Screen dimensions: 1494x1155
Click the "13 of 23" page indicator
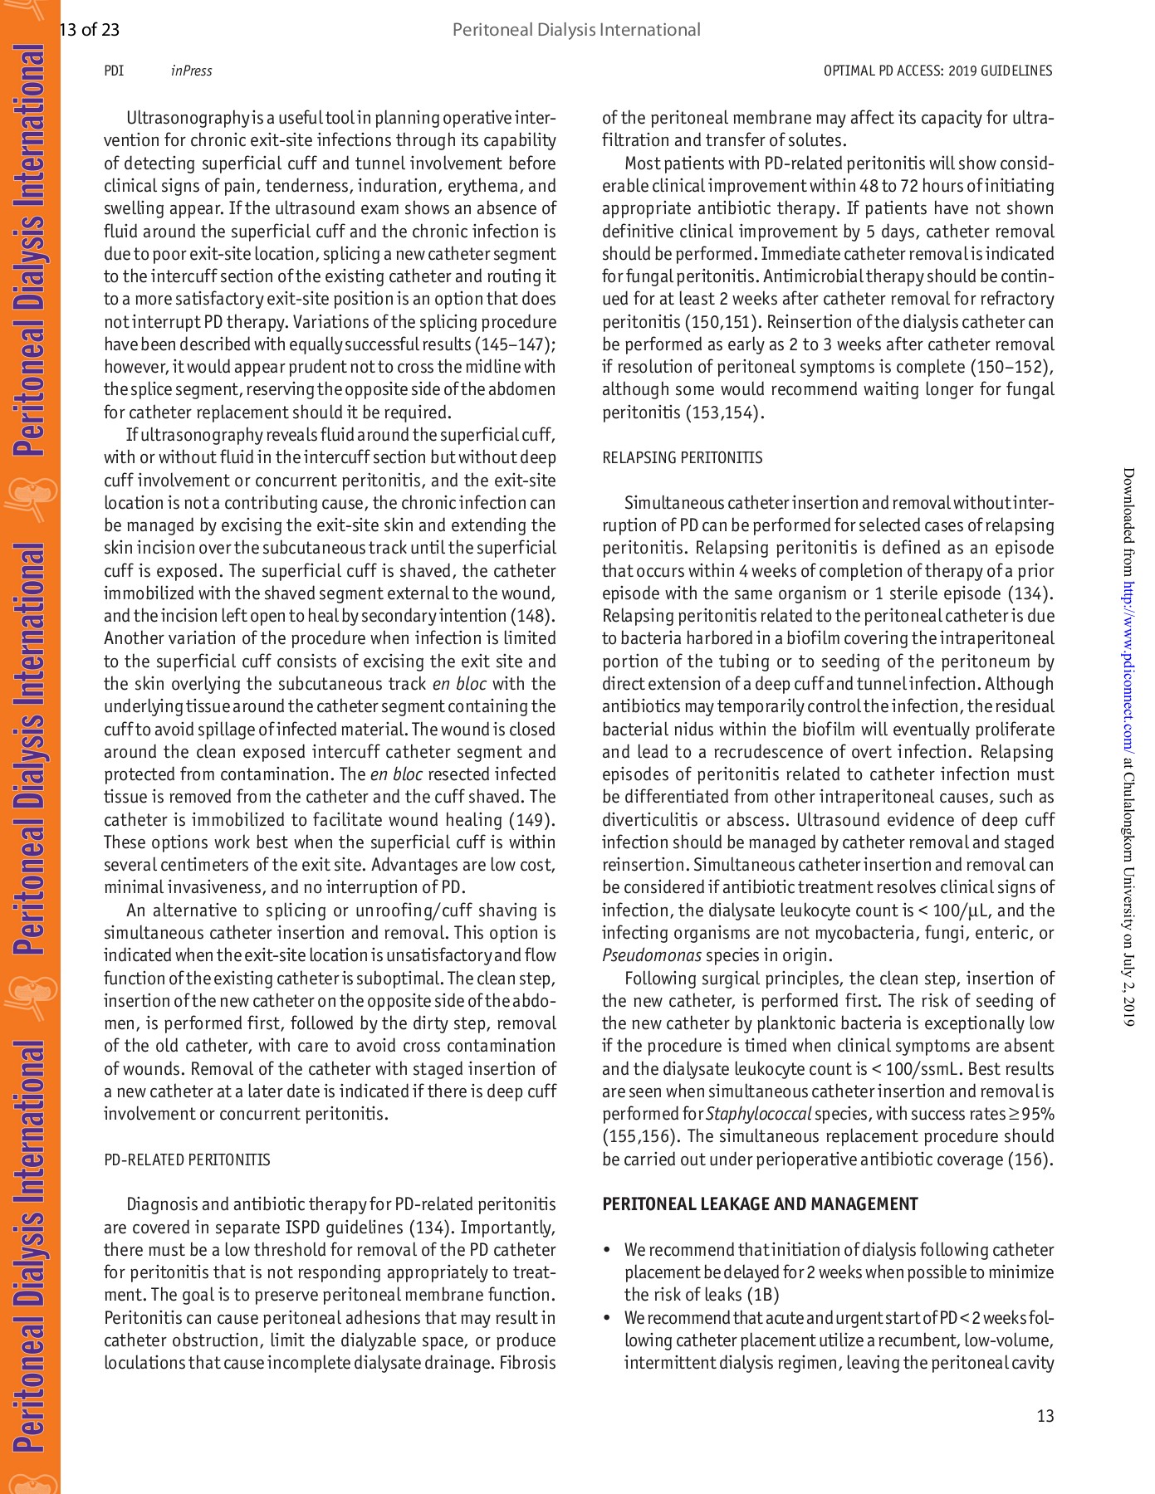[90, 31]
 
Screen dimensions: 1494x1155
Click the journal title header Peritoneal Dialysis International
[576, 31]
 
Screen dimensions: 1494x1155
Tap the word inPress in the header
[191, 71]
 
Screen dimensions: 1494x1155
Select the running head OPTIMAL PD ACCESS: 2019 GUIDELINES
[937, 71]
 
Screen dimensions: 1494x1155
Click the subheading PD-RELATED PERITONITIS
[187, 1160]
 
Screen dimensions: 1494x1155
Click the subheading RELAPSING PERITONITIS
[682, 458]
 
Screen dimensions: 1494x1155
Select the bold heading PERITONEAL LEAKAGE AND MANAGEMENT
[760, 1204]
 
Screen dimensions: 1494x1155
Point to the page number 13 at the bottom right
[1045, 1416]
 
